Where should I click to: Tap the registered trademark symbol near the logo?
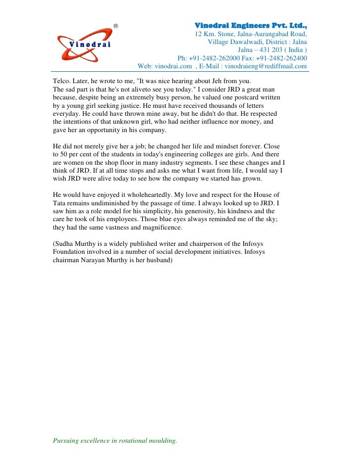coord(116,26)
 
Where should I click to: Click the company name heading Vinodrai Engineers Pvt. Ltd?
coord(251,25)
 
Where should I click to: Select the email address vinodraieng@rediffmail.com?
coord(266,66)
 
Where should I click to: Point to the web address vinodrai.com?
coord(173,66)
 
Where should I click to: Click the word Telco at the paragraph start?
coord(61,81)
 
